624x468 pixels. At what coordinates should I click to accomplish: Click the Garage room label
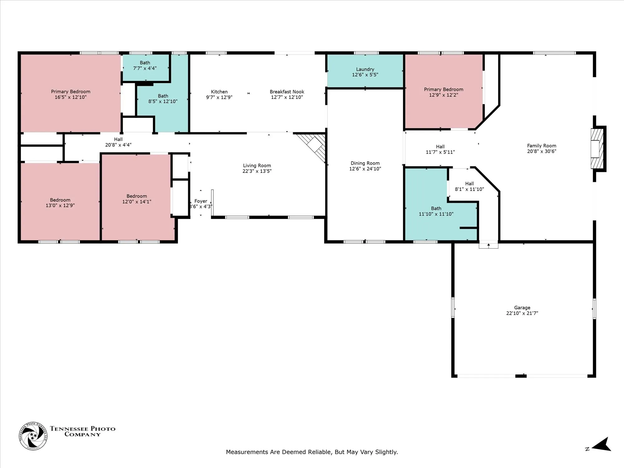tap(522, 308)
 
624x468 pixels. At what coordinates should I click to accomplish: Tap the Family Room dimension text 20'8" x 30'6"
tap(542, 151)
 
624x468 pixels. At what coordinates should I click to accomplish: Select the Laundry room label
tap(365, 69)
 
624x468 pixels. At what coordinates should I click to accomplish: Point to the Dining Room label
tap(365, 163)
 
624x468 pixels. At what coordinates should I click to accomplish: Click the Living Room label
tap(257, 166)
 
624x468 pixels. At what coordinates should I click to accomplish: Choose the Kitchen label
tap(219, 92)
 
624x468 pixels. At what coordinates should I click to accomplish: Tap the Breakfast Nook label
tap(287, 92)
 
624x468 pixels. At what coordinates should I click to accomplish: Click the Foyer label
tap(201, 201)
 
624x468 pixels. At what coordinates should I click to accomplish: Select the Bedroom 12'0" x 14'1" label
tap(137, 199)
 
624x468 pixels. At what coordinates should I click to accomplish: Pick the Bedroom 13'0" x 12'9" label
tap(60, 202)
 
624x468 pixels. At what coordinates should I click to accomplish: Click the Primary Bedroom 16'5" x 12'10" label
tap(71, 94)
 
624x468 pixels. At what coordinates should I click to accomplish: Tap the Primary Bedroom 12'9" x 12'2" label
tap(444, 92)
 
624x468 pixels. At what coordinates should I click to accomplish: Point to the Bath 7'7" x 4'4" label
tap(145, 66)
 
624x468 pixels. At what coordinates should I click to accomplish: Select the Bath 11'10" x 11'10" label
tap(436, 211)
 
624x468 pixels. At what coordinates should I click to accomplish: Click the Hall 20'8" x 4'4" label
tap(118, 142)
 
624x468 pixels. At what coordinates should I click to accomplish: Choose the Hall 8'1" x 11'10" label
tap(470, 186)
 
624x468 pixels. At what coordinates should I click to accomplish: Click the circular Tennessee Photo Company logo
tap(33, 436)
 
